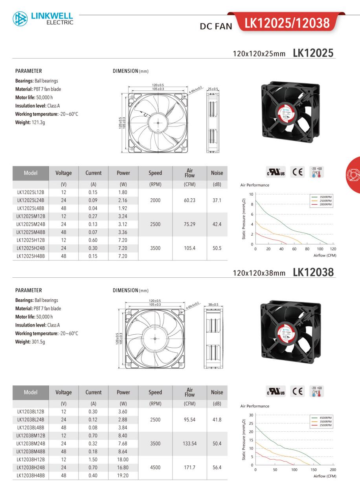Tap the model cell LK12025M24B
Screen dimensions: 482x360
pos(31,224)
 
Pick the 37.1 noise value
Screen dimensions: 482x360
pos(217,200)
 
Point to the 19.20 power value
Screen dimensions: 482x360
pos(123,475)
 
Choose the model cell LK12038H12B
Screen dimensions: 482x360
pos(31,459)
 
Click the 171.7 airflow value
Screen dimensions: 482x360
pos(189,467)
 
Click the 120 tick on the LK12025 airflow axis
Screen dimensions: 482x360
pos(333,249)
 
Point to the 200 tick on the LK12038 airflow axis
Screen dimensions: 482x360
pos(333,470)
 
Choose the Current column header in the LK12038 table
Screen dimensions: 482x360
pos(94,392)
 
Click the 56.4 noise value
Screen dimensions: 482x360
pos(217,467)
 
